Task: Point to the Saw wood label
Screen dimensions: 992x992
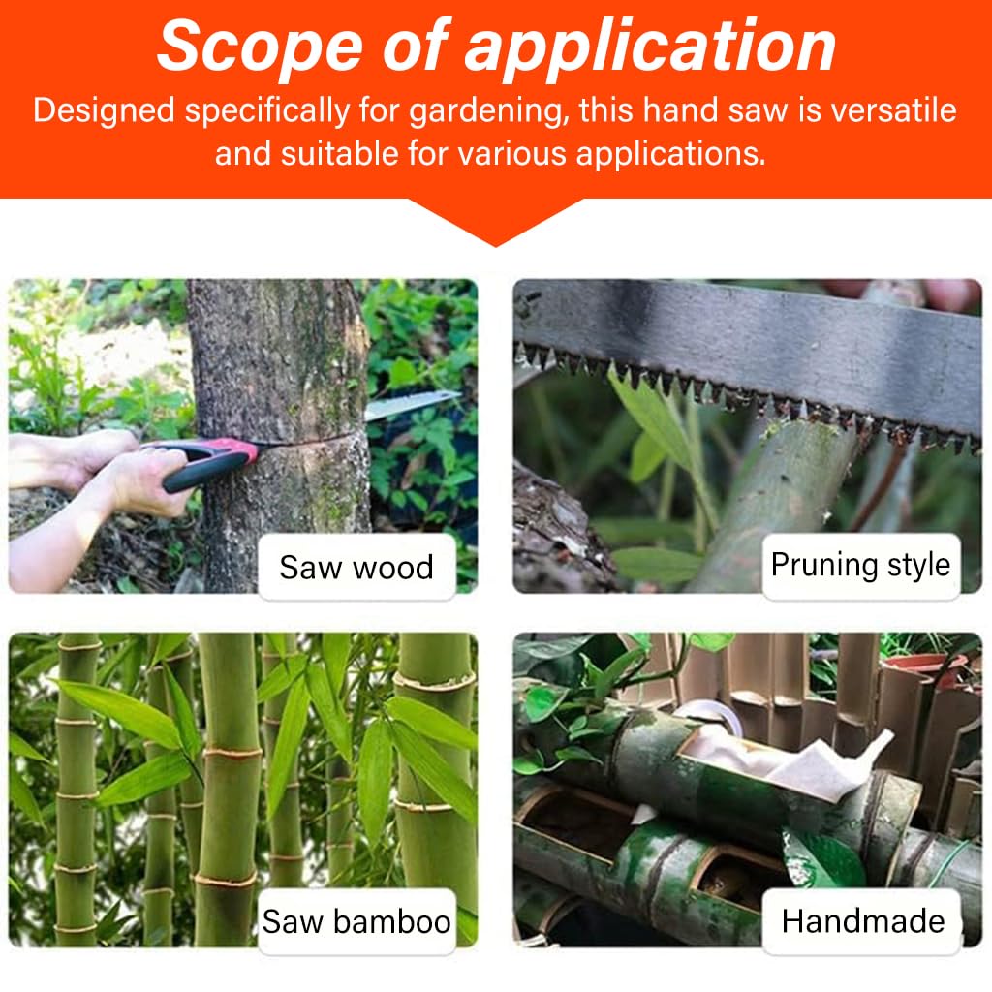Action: click(x=356, y=567)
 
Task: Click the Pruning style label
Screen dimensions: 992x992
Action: click(x=860, y=565)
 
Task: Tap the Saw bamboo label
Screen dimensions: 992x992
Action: click(x=356, y=920)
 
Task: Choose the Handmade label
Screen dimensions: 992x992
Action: click(x=862, y=920)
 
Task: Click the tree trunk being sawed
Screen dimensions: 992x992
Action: click(x=281, y=368)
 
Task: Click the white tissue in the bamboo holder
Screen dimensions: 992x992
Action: click(x=794, y=760)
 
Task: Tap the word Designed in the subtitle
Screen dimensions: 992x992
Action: click(x=105, y=110)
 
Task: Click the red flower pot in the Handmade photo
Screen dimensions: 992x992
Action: click(x=920, y=668)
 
